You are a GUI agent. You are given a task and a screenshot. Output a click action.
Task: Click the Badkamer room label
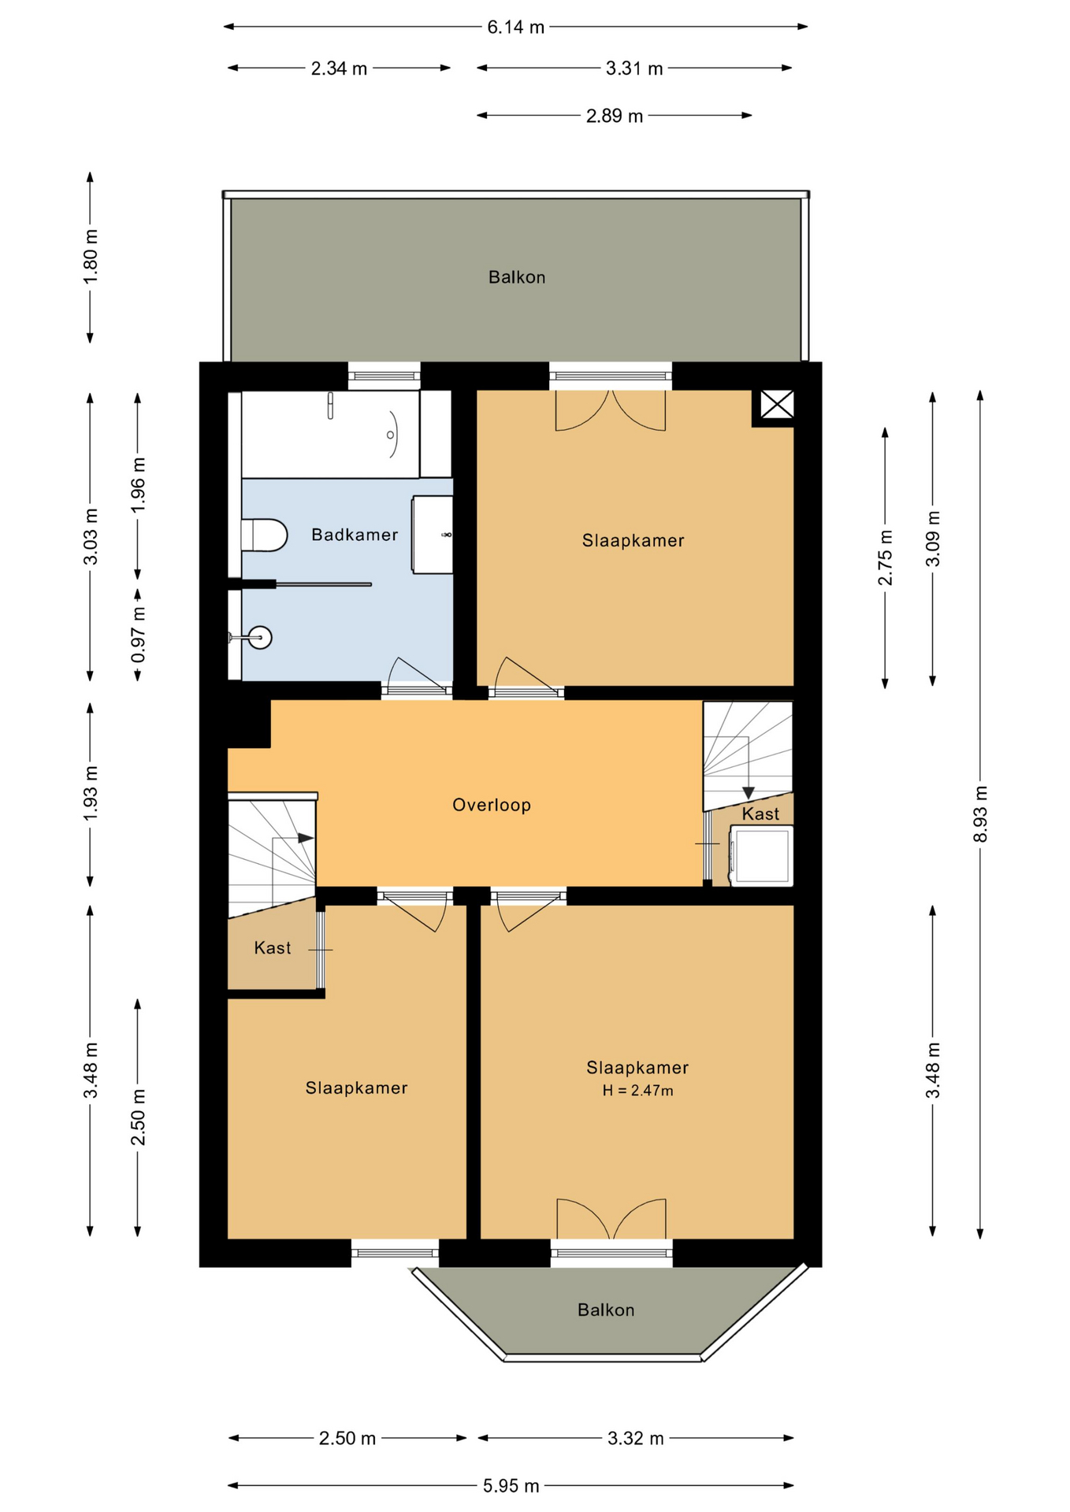click(355, 535)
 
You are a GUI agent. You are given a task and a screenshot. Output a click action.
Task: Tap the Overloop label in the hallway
click(492, 805)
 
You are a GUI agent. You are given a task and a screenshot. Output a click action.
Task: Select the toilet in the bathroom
click(263, 535)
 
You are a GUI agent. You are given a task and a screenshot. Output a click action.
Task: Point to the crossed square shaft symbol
click(777, 406)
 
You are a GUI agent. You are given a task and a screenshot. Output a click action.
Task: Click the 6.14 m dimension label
click(515, 28)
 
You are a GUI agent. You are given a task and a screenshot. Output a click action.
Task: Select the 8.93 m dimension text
click(980, 813)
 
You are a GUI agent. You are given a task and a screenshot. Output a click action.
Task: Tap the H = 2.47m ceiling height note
click(638, 1091)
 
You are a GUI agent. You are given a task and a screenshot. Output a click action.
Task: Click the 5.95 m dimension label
click(511, 1486)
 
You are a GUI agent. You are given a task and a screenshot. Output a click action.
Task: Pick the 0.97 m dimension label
click(138, 634)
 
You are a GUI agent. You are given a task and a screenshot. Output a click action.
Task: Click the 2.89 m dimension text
click(615, 117)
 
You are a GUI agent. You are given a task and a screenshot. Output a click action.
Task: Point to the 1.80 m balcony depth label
click(91, 258)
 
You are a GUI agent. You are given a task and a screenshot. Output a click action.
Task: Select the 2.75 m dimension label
click(886, 557)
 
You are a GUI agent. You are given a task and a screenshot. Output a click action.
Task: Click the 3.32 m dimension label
click(636, 1439)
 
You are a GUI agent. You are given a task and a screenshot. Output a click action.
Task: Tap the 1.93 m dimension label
click(91, 792)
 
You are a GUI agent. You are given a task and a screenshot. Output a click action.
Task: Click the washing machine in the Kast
click(761, 855)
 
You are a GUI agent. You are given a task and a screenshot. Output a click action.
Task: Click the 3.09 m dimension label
click(933, 539)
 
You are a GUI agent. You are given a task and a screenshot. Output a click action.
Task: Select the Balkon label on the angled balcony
click(606, 1310)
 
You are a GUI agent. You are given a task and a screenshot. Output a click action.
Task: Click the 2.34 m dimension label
click(339, 69)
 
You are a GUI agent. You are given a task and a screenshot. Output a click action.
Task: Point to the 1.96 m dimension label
click(138, 484)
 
